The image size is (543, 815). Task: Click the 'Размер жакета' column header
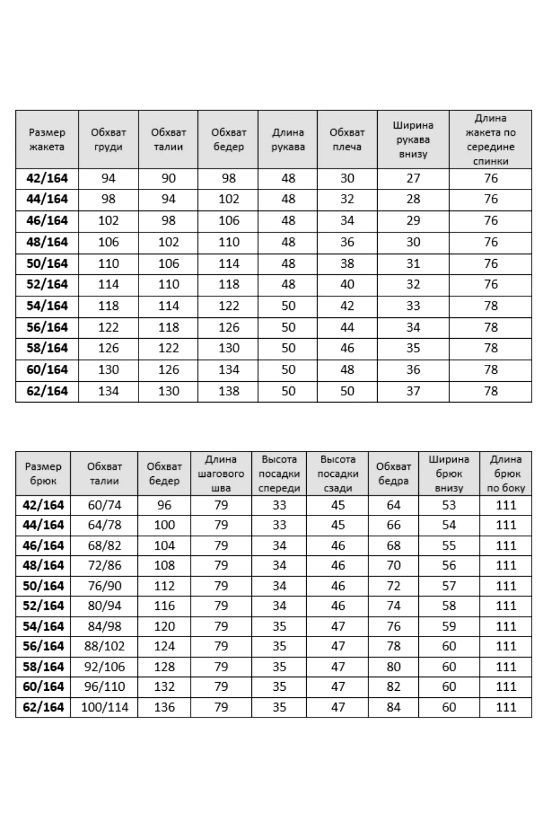[x=47, y=139]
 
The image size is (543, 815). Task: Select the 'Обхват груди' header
[x=108, y=139]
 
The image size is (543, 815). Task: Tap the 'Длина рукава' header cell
[x=288, y=139]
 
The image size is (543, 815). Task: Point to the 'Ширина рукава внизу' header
[x=413, y=139]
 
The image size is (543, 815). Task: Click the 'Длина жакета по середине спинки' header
[x=490, y=139]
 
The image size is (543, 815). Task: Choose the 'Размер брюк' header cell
[x=43, y=474]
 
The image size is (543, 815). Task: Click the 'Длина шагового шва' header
[x=221, y=474]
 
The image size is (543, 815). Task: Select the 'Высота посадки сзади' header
[x=338, y=474]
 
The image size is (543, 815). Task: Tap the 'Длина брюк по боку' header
[x=506, y=474]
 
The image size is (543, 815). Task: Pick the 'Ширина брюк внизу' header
[x=449, y=474]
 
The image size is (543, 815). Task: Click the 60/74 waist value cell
[x=105, y=505]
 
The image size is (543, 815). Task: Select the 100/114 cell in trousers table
[x=105, y=707]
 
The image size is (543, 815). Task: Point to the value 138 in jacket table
[x=229, y=391]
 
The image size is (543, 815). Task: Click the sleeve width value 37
[x=413, y=391]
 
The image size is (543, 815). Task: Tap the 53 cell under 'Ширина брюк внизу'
[x=449, y=505]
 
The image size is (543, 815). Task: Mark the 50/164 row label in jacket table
[x=47, y=264]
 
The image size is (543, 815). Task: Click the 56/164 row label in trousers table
[x=43, y=646]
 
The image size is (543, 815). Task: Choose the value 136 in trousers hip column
[x=164, y=707]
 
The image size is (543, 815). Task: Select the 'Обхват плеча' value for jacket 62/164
[x=347, y=391]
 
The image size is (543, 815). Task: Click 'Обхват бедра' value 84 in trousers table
[x=394, y=707]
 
